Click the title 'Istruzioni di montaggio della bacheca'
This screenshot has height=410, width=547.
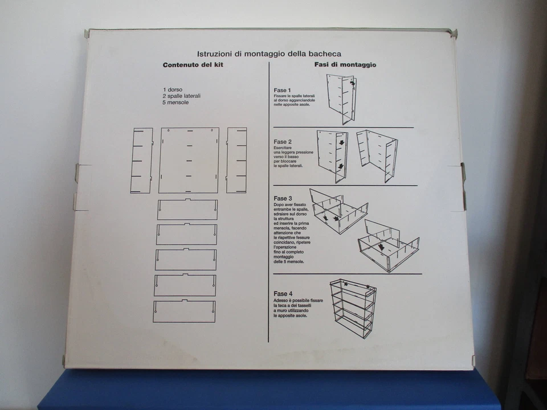point(269,54)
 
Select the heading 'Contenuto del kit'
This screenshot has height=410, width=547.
point(193,65)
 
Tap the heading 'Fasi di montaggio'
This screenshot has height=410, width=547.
point(345,65)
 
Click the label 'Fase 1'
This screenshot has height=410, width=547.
point(283,91)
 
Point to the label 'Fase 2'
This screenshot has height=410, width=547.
point(283,142)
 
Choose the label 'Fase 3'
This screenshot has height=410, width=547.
point(283,198)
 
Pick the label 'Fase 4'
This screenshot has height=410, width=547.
point(283,294)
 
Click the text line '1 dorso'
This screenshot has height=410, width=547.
point(172,90)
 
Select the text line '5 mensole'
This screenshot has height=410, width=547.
point(175,102)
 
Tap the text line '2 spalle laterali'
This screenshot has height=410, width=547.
point(181,96)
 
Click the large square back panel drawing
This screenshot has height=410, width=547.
point(189,160)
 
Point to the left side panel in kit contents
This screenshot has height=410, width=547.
point(141,160)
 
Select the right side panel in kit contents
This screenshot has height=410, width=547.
point(236,160)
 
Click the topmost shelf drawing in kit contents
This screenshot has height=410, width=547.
point(187,210)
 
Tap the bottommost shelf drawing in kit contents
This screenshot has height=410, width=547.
point(184,311)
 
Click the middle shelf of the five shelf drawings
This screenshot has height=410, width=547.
point(186,260)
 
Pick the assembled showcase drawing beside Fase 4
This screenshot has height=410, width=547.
point(353,307)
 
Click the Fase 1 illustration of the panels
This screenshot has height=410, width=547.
point(341,98)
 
